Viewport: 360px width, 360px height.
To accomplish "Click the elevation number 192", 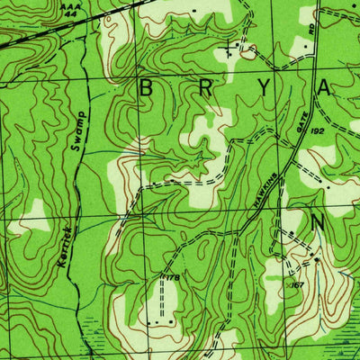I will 342,130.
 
